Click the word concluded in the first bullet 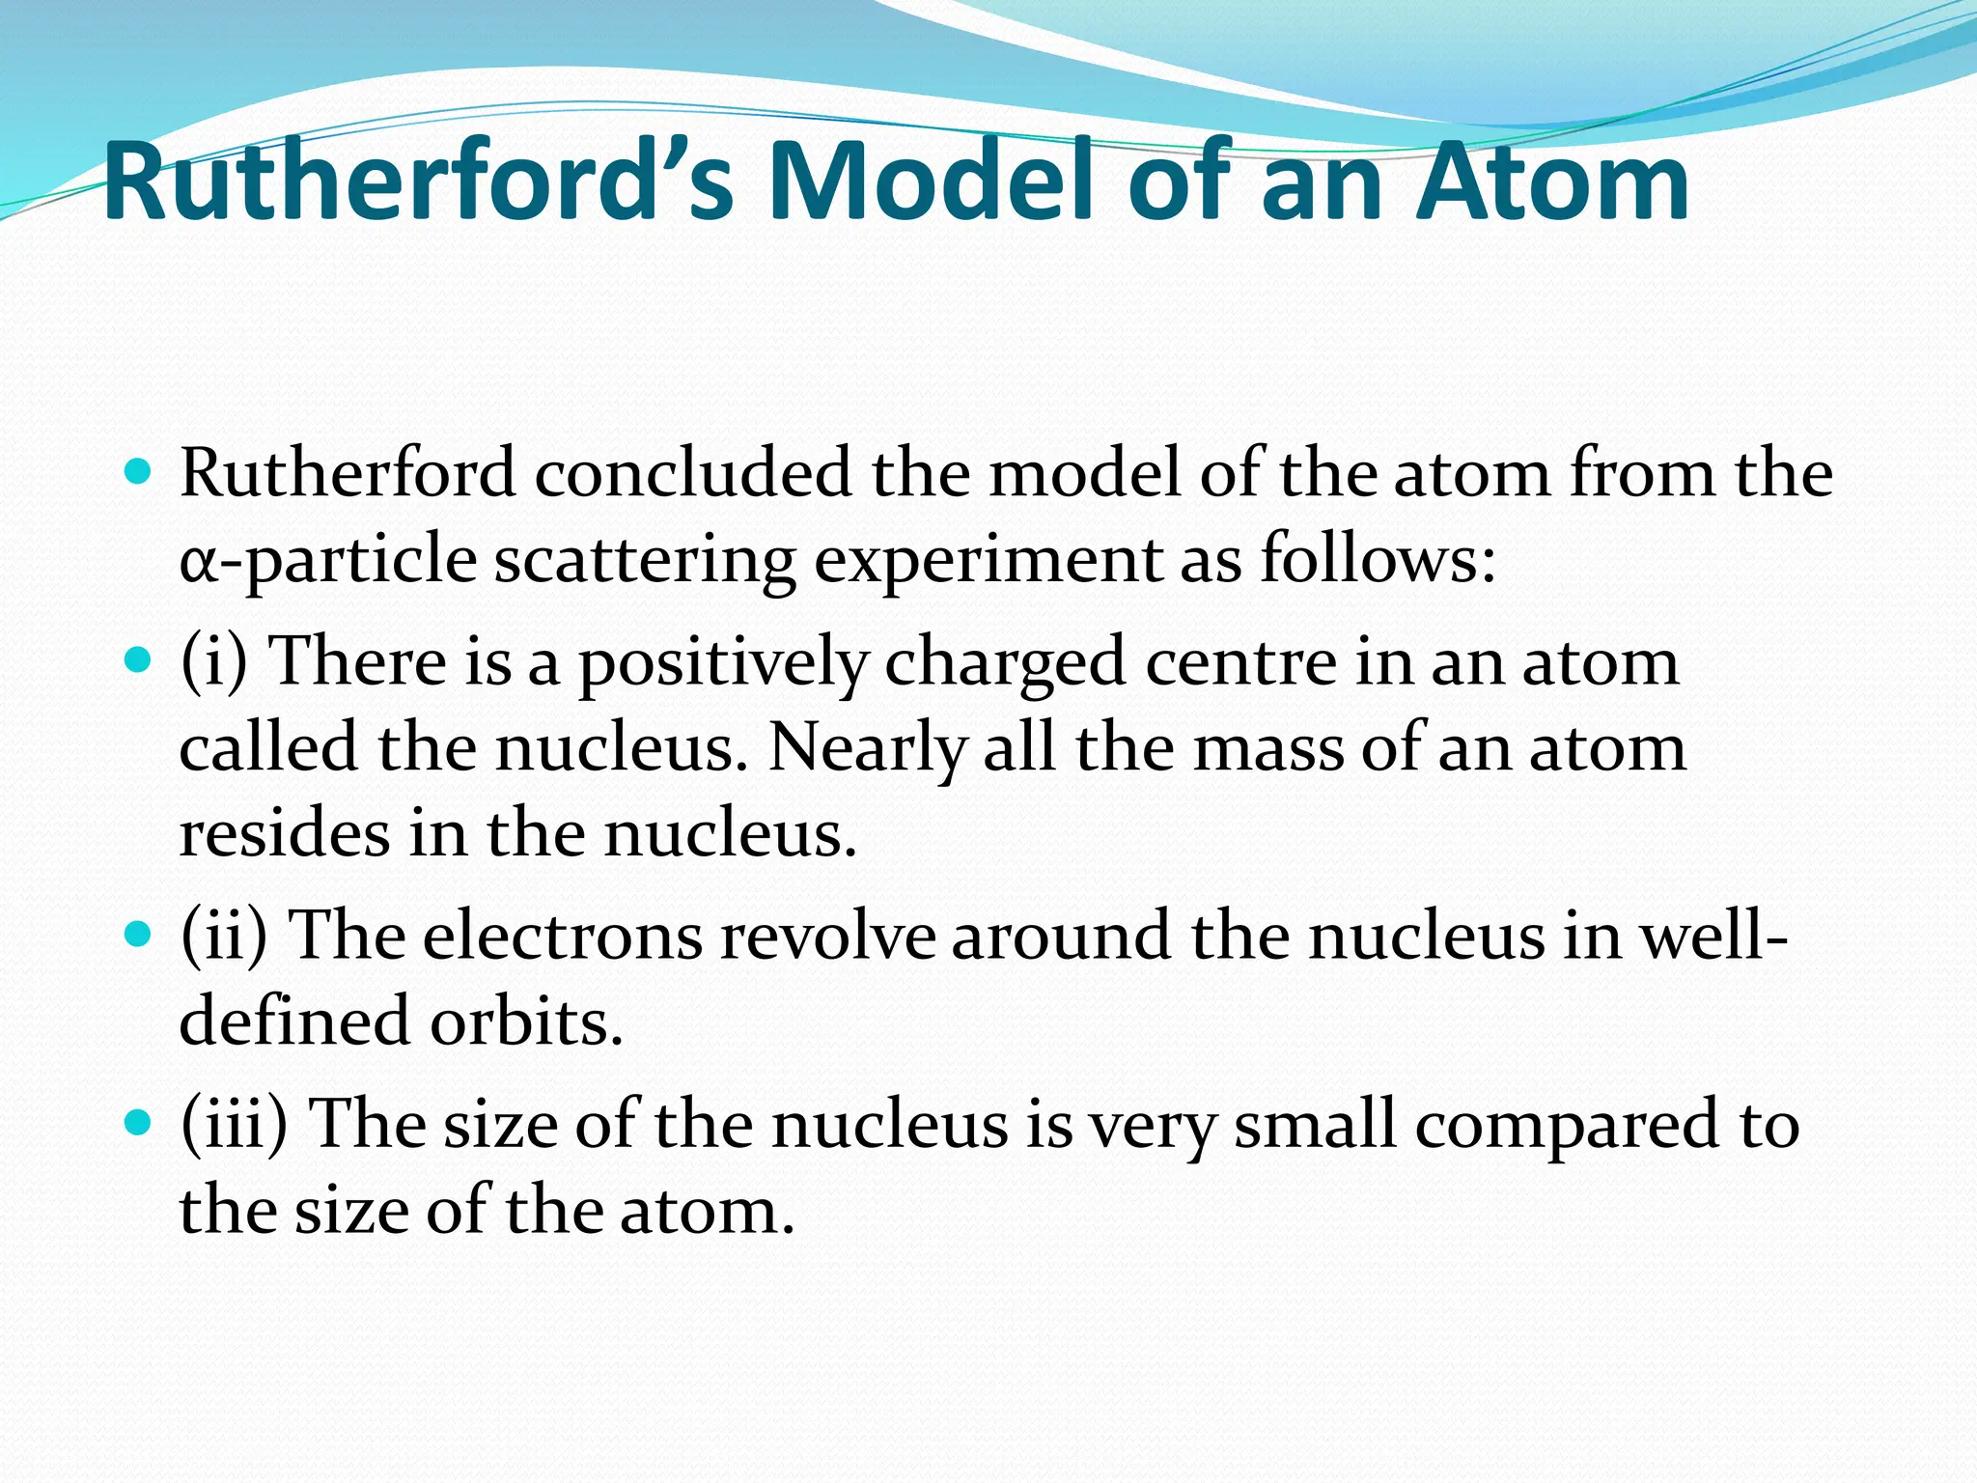click(x=693, y=474)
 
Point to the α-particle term click(x=328, y=560)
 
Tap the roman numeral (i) click(x=214, y=662)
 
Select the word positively click(x=723, y=664)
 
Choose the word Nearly click(x=867, y=749)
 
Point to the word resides click(x=285, y=833)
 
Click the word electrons click(x=563, y=936)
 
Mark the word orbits click(x=526, y=1021)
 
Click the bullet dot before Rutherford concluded click(x=139, y=473)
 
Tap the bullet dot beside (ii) click(x=139, y=935)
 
